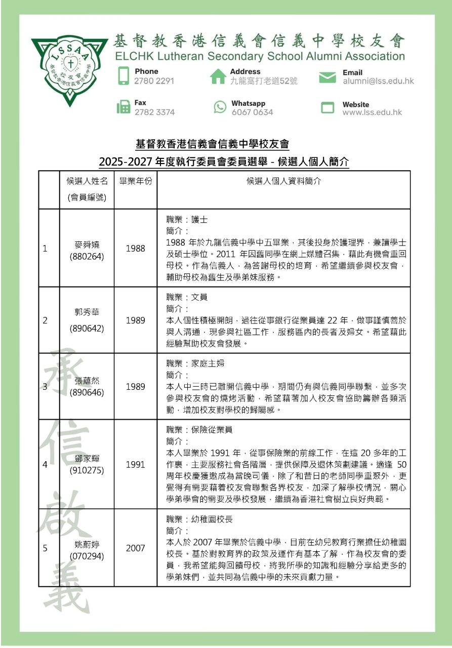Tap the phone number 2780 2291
click(x=154, y=81)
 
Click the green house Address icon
click(x=218, y=76)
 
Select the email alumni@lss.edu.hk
click(x=378, y=81)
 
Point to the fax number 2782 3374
click(x=154, y=112)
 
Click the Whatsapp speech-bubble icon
click(x=220, y=107)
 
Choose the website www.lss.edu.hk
click(x=372, y=112)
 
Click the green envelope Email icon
click(x=327, y=77)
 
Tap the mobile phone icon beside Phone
click(x=123, y=76)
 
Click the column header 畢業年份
click(x=135, y=181)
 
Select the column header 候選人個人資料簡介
click(x=283, y=181)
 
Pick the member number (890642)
click(x=87, y=329)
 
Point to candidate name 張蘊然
click(x=87, y=381)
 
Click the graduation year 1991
click(x=135, y=464)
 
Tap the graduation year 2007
click(x=135, y=548)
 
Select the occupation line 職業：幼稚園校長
click(x=199, y=520)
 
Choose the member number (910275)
click(x=87, y=470)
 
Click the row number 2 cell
click(x=45, y=320)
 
